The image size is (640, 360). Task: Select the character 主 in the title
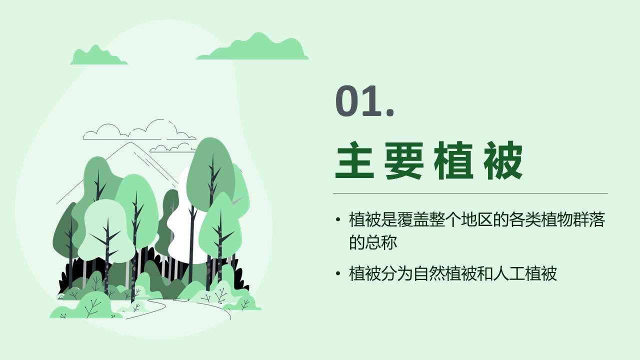pyautogui.click(x=354, y=160)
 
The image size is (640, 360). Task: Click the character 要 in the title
pyautogui.click(x=403, y=160)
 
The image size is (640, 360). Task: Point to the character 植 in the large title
pyautogui.click(x=453, y=160)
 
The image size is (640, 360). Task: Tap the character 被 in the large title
pyautogui.click(x=503, y=160)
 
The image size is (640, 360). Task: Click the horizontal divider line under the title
pyautogui.click(x=470, y=193)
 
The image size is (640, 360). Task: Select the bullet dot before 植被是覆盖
pyautogui.click(x=338, y=219)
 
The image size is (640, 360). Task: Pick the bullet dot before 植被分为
pyautogui.click(x=338, y=273)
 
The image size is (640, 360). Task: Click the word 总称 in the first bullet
pyautogui.click(x=381, y=242)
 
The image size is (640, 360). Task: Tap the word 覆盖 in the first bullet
pyautogui.click(x=413, y=219)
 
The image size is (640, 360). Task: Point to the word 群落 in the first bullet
pyautogui.click(x=589, y=219)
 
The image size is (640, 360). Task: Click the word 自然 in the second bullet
pyautogui.click(x=429, y=273)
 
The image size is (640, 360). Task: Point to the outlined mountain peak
pyautogui.click(x=130, y=142)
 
